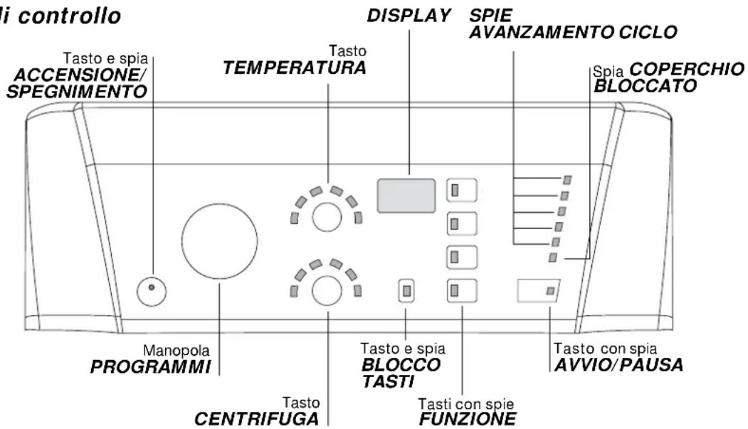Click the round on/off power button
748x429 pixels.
[152, 291]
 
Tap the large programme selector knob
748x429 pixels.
[219, 241]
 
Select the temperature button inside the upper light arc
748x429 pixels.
[327, 217]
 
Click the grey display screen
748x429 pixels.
[406, 196]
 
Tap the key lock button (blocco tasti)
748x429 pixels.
[406, 291]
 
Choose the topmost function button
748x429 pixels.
[462, 190]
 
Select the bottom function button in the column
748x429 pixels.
[462, 291]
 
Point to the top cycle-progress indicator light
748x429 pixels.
[567, 180]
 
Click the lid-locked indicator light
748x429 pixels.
[553, 258]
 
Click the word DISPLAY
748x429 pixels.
[409, 16]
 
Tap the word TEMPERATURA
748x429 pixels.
[295, 68]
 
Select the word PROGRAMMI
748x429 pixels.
[151, 367]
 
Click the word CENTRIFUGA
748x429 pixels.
[257, 418]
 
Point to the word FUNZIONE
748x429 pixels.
[468, 418]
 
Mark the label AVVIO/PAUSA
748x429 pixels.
[618, 365]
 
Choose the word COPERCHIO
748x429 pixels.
[687, 69]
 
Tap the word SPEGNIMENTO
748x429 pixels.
[76, 92]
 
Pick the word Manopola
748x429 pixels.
[176, 351]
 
